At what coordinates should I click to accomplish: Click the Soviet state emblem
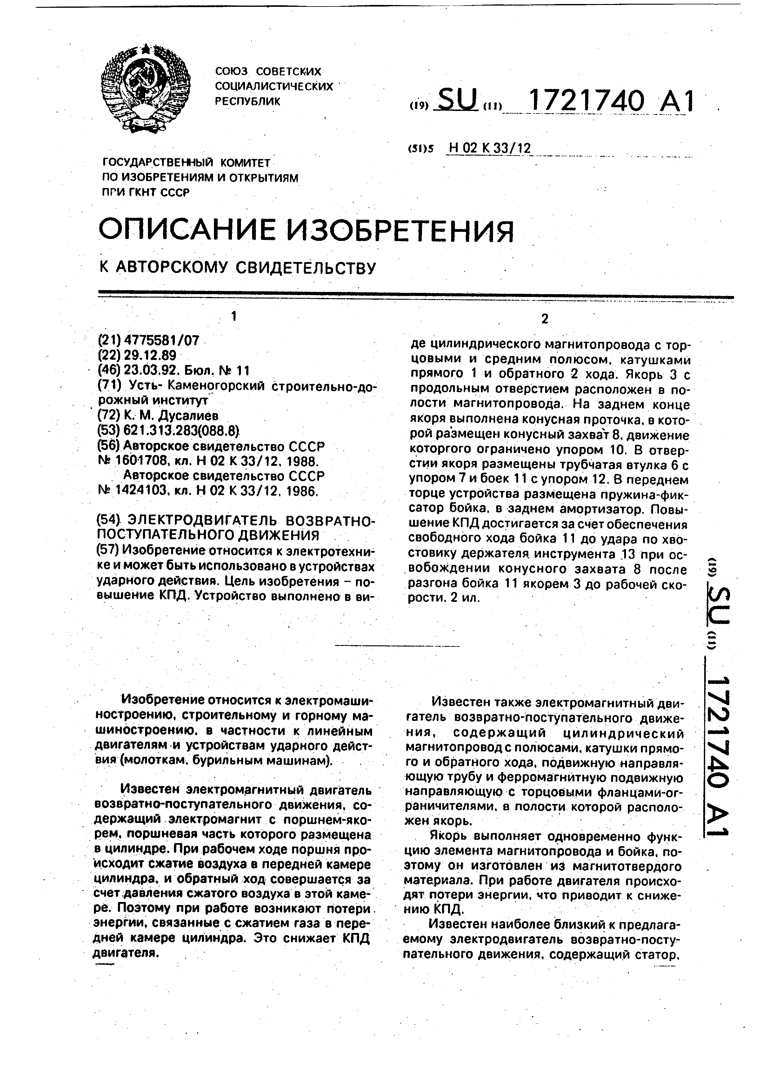point(145,89)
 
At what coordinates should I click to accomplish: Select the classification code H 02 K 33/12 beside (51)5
point(489,149)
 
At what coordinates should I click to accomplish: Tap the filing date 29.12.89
point(149,355)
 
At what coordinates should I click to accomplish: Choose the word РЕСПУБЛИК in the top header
point(248,101)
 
